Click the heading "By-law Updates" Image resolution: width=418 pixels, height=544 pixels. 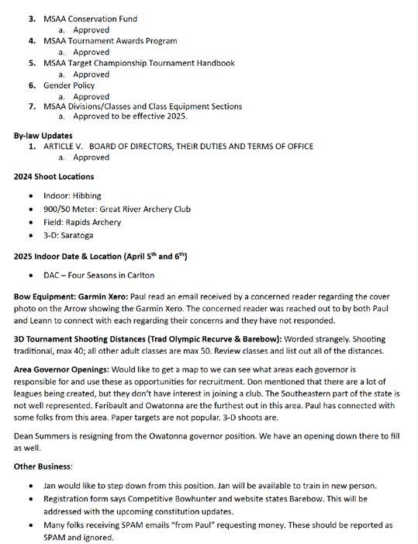(x=42, y=136)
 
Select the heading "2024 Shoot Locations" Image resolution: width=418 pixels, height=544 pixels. (x=54, y=176)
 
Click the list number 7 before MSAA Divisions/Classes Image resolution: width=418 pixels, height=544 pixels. (x=32, y=106)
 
